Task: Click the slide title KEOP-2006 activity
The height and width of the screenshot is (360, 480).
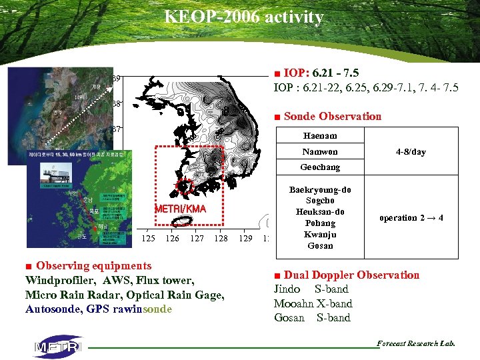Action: point(244,17)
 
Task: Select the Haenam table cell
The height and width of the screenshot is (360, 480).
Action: point(320,136)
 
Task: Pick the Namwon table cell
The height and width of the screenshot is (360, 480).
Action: point(320,152)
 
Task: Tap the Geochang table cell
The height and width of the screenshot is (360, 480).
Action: point(320,167)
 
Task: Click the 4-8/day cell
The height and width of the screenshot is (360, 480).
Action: point(411,152)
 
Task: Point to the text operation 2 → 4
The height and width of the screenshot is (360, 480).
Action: point(411,218)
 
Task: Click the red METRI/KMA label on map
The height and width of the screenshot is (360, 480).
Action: point(180,209)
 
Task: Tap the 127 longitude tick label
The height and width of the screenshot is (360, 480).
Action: point(197,238)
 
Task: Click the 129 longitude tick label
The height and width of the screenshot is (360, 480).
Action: point(245,238)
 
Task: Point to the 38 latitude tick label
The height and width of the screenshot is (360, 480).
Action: point(116,104)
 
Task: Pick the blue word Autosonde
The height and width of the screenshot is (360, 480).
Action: point(52,309)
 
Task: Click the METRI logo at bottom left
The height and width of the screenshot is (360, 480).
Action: point(57,346)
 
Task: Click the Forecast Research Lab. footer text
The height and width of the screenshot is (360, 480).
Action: point(416,343)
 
